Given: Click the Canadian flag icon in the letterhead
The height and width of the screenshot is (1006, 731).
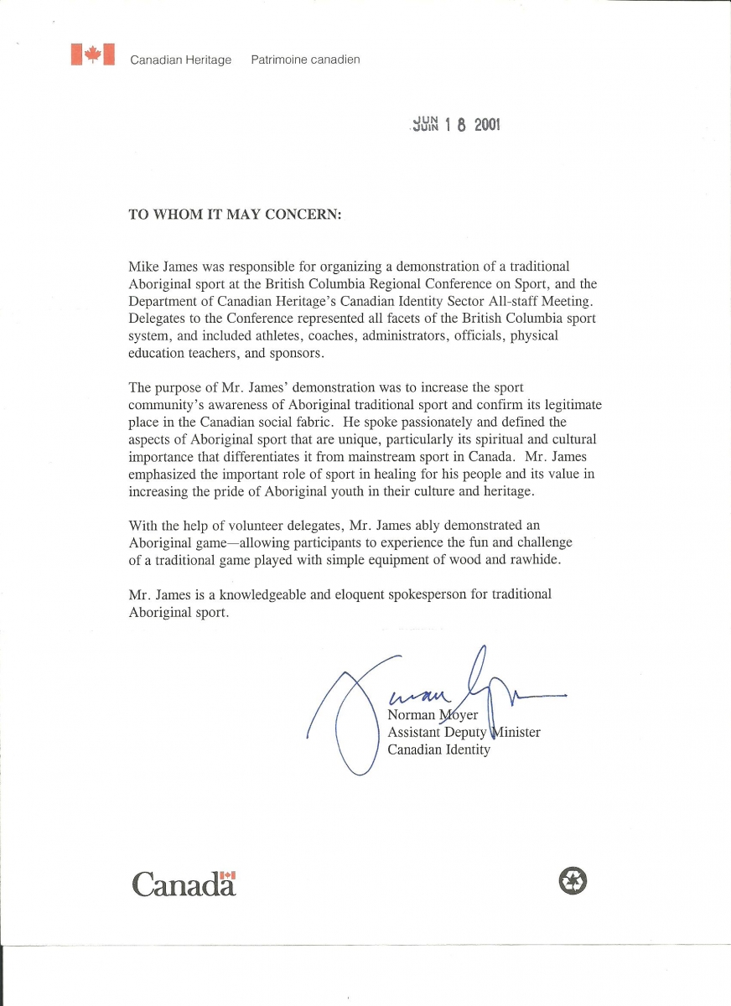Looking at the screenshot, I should pyautogui.click(x=92, y=55).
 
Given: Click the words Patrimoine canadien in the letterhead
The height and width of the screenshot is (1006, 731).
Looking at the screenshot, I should pyautogui.click(x=305, y=60).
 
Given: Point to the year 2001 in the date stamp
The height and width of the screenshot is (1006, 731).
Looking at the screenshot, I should pyautogui.click(x=486, y=126).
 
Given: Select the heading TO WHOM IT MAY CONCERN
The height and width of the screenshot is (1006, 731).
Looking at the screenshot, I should pyautogui.click(x=235, y=214).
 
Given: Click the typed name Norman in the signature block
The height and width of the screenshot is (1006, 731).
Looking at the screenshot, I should pyautogui.click(x=411, y=714).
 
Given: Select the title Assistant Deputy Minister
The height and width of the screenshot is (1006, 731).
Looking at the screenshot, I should pyautogui.click(x=464, y=732).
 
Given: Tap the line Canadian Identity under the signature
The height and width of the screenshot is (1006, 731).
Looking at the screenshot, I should pyautogui.click(x=438, y=749).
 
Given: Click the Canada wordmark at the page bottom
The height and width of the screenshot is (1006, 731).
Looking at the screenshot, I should pyautogui.click(x=184, y=883).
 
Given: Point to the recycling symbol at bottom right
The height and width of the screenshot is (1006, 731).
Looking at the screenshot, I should pyautogui.click(x=572, y=880).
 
